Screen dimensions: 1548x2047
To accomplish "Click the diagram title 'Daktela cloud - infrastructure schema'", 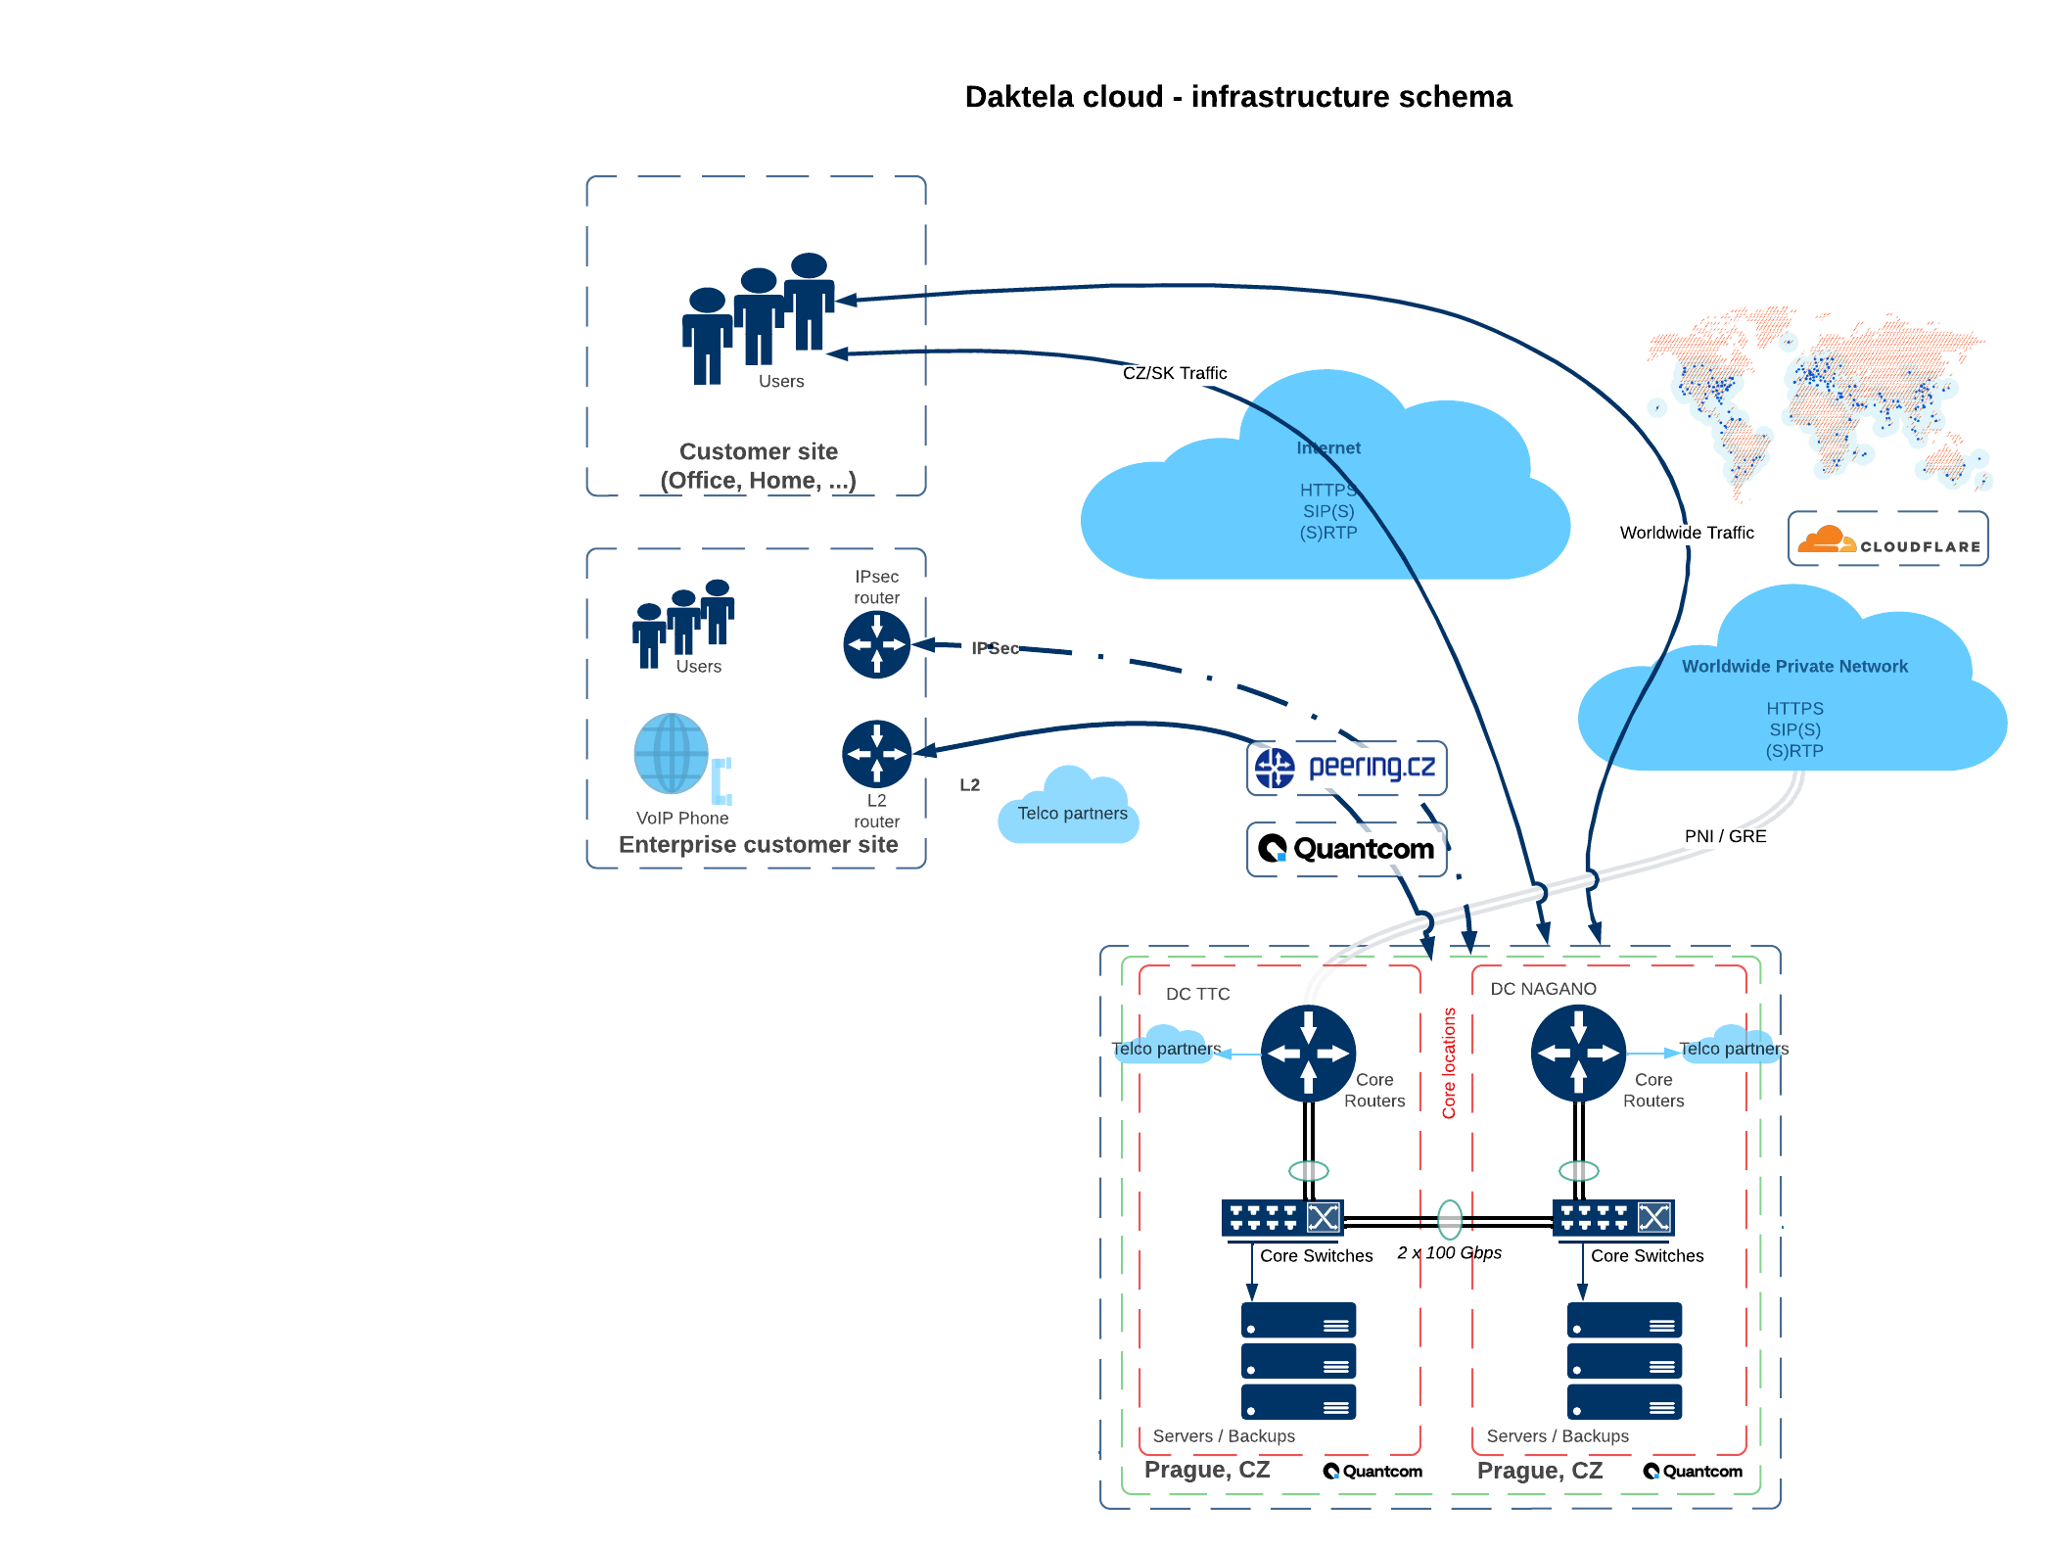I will pyautogui.click(x=1238, y=97).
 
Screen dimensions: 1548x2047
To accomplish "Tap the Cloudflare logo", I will pyautogui.click(x=1887, y=539).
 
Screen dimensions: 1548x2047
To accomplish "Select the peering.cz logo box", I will pyautogui.click(x=1346, y=768).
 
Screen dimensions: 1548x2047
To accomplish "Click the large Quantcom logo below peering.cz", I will pyautogui.click(x=1346, y=849).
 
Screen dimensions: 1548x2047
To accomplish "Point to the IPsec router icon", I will pyautogui.click(x=876, y=644).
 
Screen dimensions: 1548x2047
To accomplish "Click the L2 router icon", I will pyautogui.click(x=876, y=754).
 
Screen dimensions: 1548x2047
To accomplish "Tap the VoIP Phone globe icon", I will pyautogui.click(x=672, y=753).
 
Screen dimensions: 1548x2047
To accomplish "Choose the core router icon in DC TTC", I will pyautogui.click(x=1308, y=1054).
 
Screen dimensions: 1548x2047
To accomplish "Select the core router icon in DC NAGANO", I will pyautogui.click(x=1578, y=1054).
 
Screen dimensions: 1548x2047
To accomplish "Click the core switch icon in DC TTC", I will pyautogui.click(x=1282, y=1218).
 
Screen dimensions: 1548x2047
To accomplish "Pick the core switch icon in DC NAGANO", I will pyautogui.click(x=1613, y=1218).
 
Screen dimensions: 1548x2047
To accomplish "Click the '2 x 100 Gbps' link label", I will pyautogui.click(x=1449, y=1253).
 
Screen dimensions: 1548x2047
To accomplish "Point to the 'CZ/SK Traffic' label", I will pyautogui.click(x=1175, y=373).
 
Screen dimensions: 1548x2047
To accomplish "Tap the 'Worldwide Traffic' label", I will pyautogui.click(x=1687, y=533).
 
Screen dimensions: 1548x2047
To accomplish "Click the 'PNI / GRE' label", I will pyautogui.click(x=1725, y=836).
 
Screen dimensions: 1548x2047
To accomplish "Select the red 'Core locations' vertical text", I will pyautogui.click(x=1449, y=1063).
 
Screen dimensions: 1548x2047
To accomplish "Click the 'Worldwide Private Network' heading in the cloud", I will pyautogui.click(x=1794, y=667).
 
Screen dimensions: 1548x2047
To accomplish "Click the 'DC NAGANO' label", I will pyautogui.click(x=1543, y=989).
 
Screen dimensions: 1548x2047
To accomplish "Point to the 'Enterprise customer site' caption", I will pyautogui.click(x=758, y=845).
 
